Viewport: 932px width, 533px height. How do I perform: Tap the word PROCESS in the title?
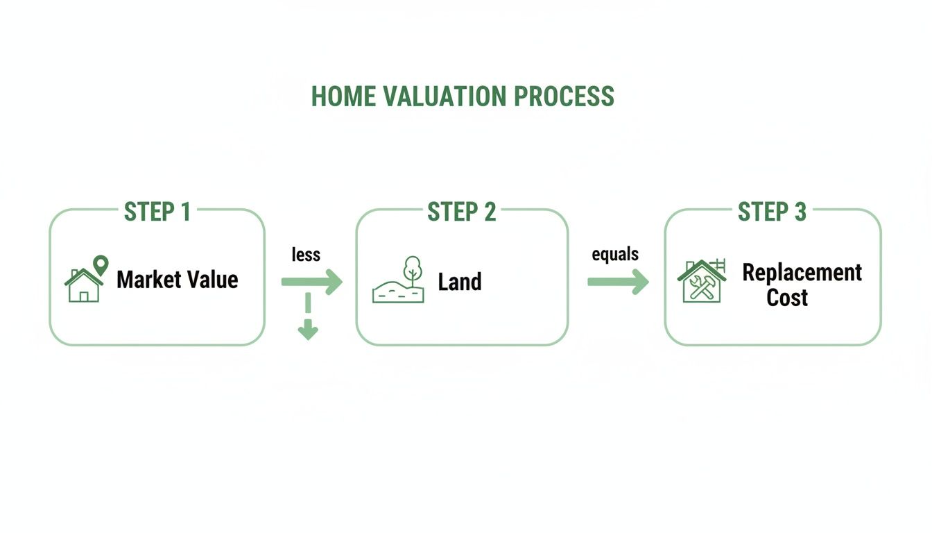click(564, 96)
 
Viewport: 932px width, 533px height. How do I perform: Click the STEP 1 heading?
click(157, 212)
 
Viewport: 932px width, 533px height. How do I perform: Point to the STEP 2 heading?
click(462, 212)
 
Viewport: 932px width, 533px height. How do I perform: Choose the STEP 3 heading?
click(772, 212)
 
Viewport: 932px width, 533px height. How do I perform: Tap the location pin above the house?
click(101, 264)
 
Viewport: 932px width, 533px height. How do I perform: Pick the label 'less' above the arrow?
click(306, 255)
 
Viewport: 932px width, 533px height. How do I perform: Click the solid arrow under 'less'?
click(312, 282)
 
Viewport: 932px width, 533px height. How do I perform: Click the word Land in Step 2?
click(460, 282)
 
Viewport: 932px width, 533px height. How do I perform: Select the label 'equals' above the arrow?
click(615, 254)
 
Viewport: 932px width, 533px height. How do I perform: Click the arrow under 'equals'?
click(618, 282)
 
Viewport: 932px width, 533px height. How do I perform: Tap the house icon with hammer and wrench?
click(701, 282)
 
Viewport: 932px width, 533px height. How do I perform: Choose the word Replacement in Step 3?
click(802, 272)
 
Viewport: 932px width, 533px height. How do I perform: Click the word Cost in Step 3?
click(787, 298)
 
